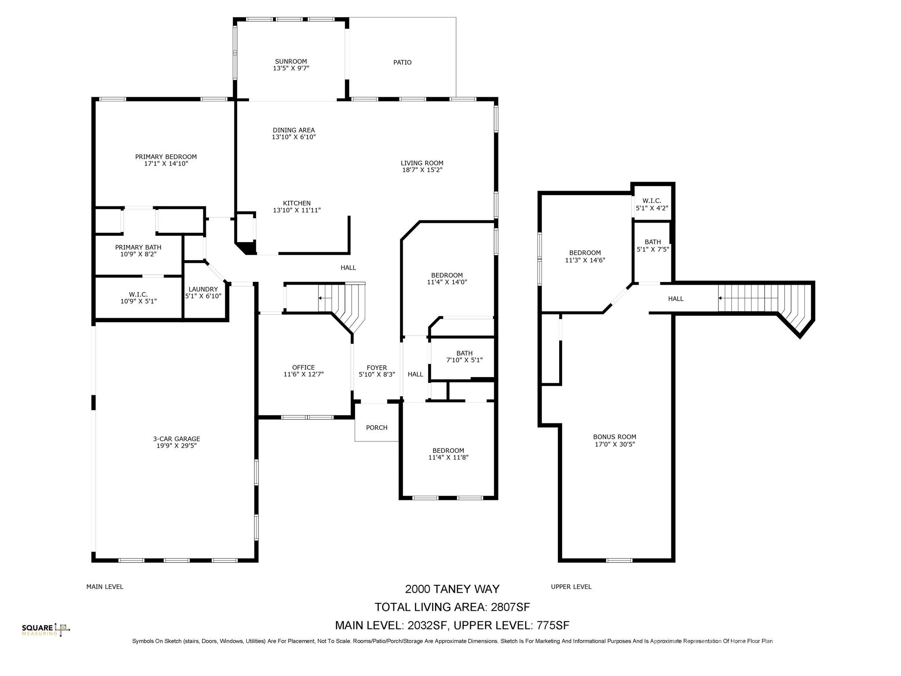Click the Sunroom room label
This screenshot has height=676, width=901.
291,62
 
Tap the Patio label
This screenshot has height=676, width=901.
402,62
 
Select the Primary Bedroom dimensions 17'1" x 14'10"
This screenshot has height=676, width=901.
166,164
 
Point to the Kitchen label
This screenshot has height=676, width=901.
297,203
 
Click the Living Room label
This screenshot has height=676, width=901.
421,163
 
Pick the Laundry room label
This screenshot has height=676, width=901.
203,289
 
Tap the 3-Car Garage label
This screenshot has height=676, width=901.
176,439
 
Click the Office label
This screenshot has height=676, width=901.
303,367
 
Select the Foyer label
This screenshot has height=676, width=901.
377,368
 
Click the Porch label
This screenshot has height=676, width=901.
377,428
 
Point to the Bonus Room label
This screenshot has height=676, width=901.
614,437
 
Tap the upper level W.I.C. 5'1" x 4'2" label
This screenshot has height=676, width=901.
652,201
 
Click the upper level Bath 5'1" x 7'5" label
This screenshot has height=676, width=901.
652,242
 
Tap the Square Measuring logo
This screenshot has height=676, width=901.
46,630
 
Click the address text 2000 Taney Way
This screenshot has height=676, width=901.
452,589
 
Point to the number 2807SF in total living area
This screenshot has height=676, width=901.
510,607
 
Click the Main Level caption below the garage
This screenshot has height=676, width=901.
105,587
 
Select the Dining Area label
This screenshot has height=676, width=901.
293,130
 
